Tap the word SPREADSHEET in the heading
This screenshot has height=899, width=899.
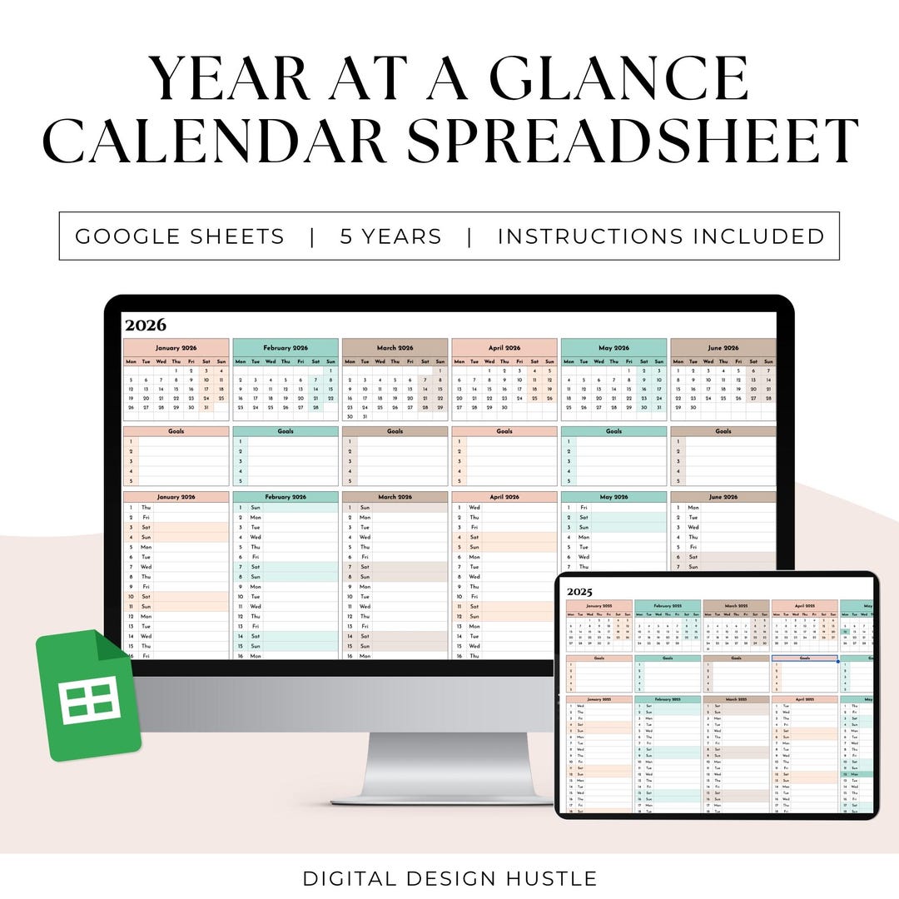click(x=633, y=141)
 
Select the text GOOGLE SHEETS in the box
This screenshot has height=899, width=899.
click(x=180, y=236)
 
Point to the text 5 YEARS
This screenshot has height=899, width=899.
click(x=390, y=236)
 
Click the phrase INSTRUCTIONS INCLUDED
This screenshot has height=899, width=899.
click(x=661, y=236)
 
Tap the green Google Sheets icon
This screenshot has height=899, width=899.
click(x=87, y=696)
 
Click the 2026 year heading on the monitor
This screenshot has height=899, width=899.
click(x=146, y=325)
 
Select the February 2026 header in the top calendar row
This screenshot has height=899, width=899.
click(x=286, y=348)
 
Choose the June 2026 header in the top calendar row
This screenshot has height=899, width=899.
click(x=723, y=348)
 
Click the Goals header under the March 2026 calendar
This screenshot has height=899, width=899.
click(x=395, y=431)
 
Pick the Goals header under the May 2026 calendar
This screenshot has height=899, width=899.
click(x=613, y=431)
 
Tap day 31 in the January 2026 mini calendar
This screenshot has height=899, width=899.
click(x=206, y=408)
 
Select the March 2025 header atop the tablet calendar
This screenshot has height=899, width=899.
click(x=736, y=606)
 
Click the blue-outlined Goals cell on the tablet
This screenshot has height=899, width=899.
click(x=804, y=658)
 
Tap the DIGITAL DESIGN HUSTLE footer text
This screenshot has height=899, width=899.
click(x=449, y=878)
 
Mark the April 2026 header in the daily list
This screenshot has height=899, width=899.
click(x=504, y=497)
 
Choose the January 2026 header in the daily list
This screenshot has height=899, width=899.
click(x=176, y=497)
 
